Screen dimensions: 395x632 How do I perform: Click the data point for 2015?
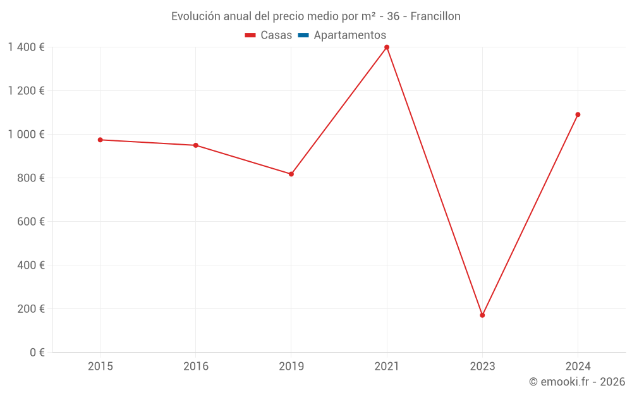click(x=100, y=140)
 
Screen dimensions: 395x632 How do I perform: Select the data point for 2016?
click(x=196, y=145)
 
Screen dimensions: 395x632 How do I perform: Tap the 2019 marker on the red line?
click(x=291, y=174)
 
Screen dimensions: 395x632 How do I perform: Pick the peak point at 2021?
click(x=387, y=47)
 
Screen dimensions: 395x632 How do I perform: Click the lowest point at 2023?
click(x=482, y=315)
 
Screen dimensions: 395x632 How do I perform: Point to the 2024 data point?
click(x=578, y=114)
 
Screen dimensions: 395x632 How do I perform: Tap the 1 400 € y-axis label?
click(x=27, y=47)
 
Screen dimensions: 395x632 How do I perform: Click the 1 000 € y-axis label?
click(x=27, y=135)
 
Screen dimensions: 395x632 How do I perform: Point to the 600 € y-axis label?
click(x=32, y=222)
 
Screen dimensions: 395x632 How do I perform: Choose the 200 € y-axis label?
click(x=32, y=309)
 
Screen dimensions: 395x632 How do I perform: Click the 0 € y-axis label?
click(x=37, y=353)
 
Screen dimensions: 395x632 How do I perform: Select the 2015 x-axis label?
click(x=100, y=366)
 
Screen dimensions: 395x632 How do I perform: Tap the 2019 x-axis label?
click(x=291, y=366)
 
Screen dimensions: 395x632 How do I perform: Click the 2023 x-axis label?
click(x=482, y=366)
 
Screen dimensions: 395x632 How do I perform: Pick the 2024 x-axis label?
click(x=578, y=366)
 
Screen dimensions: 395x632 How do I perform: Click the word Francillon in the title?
click(x=435, y=16)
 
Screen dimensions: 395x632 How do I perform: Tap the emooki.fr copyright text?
click(x=577, y=382)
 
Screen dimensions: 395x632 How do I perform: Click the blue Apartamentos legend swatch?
click(x=303, y=35)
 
